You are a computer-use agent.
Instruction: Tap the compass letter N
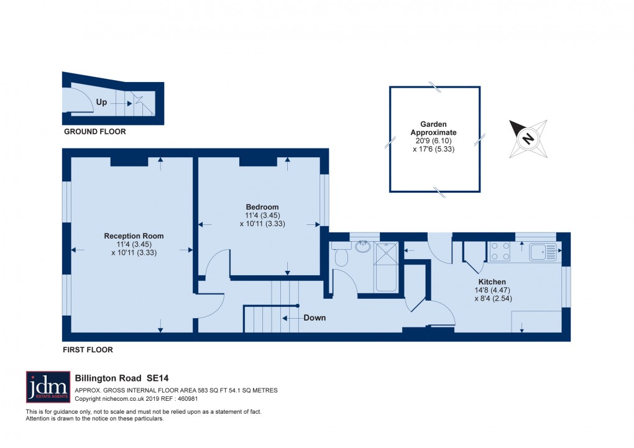tap(528, 139)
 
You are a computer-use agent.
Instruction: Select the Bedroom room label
tap(262, 207)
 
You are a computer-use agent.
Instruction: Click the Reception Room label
tap(134, 235)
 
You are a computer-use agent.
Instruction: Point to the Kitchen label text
tap(492, 281)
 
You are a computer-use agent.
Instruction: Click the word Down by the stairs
tap(315, 318)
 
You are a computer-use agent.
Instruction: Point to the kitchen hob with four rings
tap(501, 251)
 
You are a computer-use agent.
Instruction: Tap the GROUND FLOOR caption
tap(94, 132)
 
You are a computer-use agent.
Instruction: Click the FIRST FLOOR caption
tap(88, 350)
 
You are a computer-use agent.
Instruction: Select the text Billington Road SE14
tap(122, 377)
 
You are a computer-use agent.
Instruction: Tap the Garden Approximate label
tap(434, 128)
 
